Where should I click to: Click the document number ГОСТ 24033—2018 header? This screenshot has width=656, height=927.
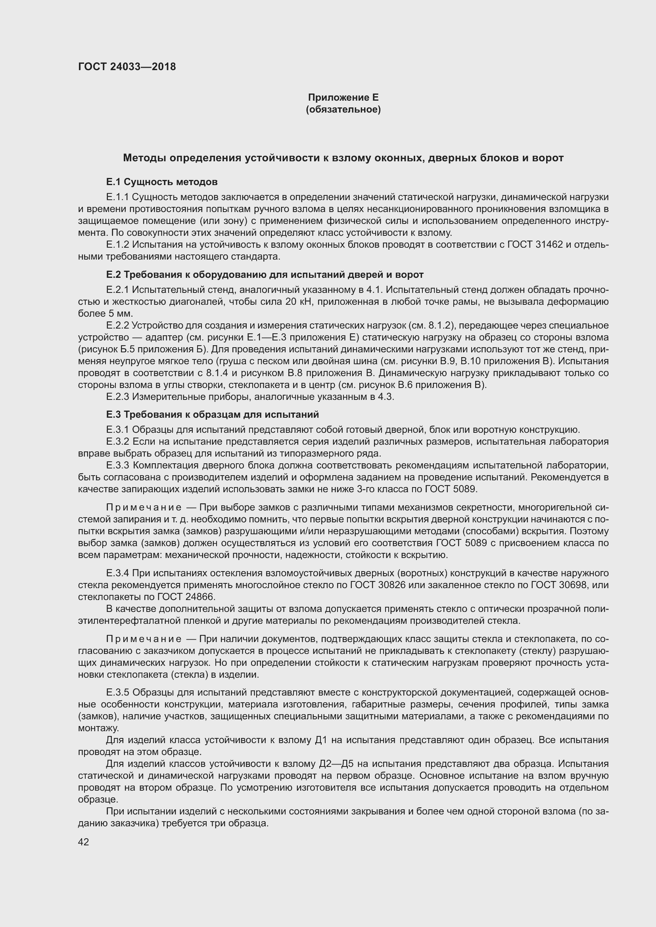tap(127, 67)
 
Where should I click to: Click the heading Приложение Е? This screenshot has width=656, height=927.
tap(343, 97)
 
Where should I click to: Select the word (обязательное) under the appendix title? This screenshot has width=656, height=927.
tap(343, 109)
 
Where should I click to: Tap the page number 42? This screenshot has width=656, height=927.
tap(84, 842)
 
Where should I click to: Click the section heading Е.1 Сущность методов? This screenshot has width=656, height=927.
tap(161, 182)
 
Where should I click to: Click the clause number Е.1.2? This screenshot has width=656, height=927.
tap(117, 245)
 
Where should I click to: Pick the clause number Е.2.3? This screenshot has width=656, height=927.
tap(117, 397)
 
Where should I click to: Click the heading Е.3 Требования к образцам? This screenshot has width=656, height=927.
tap(213, 415)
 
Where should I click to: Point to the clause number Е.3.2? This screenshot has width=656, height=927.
tap(117, 442)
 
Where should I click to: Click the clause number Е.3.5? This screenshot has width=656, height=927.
tap(117, 692)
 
